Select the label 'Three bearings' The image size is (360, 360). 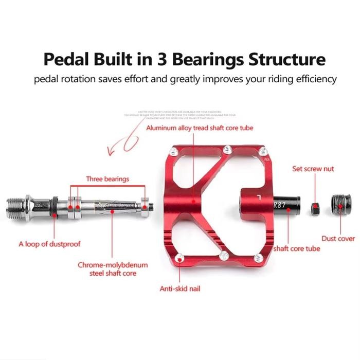107,179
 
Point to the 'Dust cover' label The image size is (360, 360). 338,239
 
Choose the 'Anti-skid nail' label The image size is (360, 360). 180,289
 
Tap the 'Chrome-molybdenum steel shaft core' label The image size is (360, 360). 113,269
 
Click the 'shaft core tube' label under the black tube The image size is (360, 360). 297,248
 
